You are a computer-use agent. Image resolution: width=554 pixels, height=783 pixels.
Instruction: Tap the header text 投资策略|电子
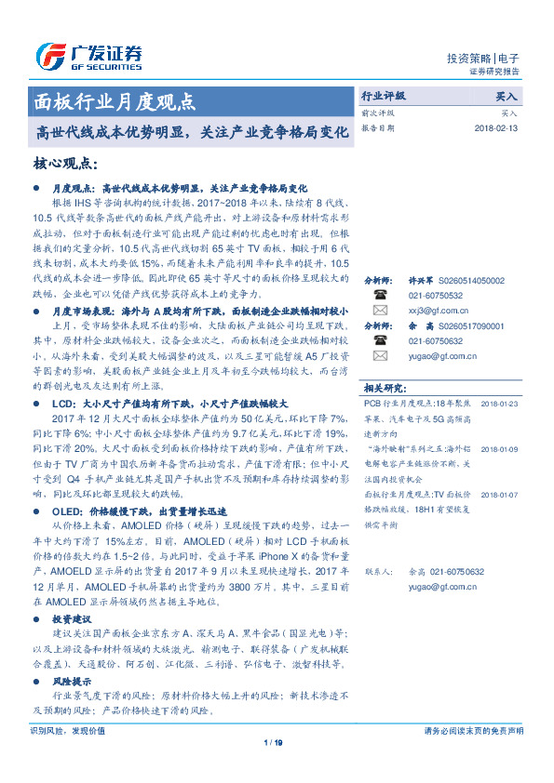[x=483, y=58]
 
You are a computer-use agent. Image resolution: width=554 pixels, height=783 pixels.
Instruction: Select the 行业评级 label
[x=384, y=96]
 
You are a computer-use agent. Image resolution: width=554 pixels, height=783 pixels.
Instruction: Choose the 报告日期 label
[x=379, y=128]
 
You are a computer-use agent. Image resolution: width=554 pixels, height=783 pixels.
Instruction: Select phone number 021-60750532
[x=436, y=295]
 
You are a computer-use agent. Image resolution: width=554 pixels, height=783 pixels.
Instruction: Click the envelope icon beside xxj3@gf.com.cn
[x=380, y=310]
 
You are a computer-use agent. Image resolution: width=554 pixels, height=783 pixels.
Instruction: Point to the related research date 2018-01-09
[x=500, y=448]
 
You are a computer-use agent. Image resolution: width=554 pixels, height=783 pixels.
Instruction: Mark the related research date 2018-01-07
[x=500, y=496]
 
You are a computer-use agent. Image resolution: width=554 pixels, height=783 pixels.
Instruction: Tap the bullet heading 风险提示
[x=72, y=683]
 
